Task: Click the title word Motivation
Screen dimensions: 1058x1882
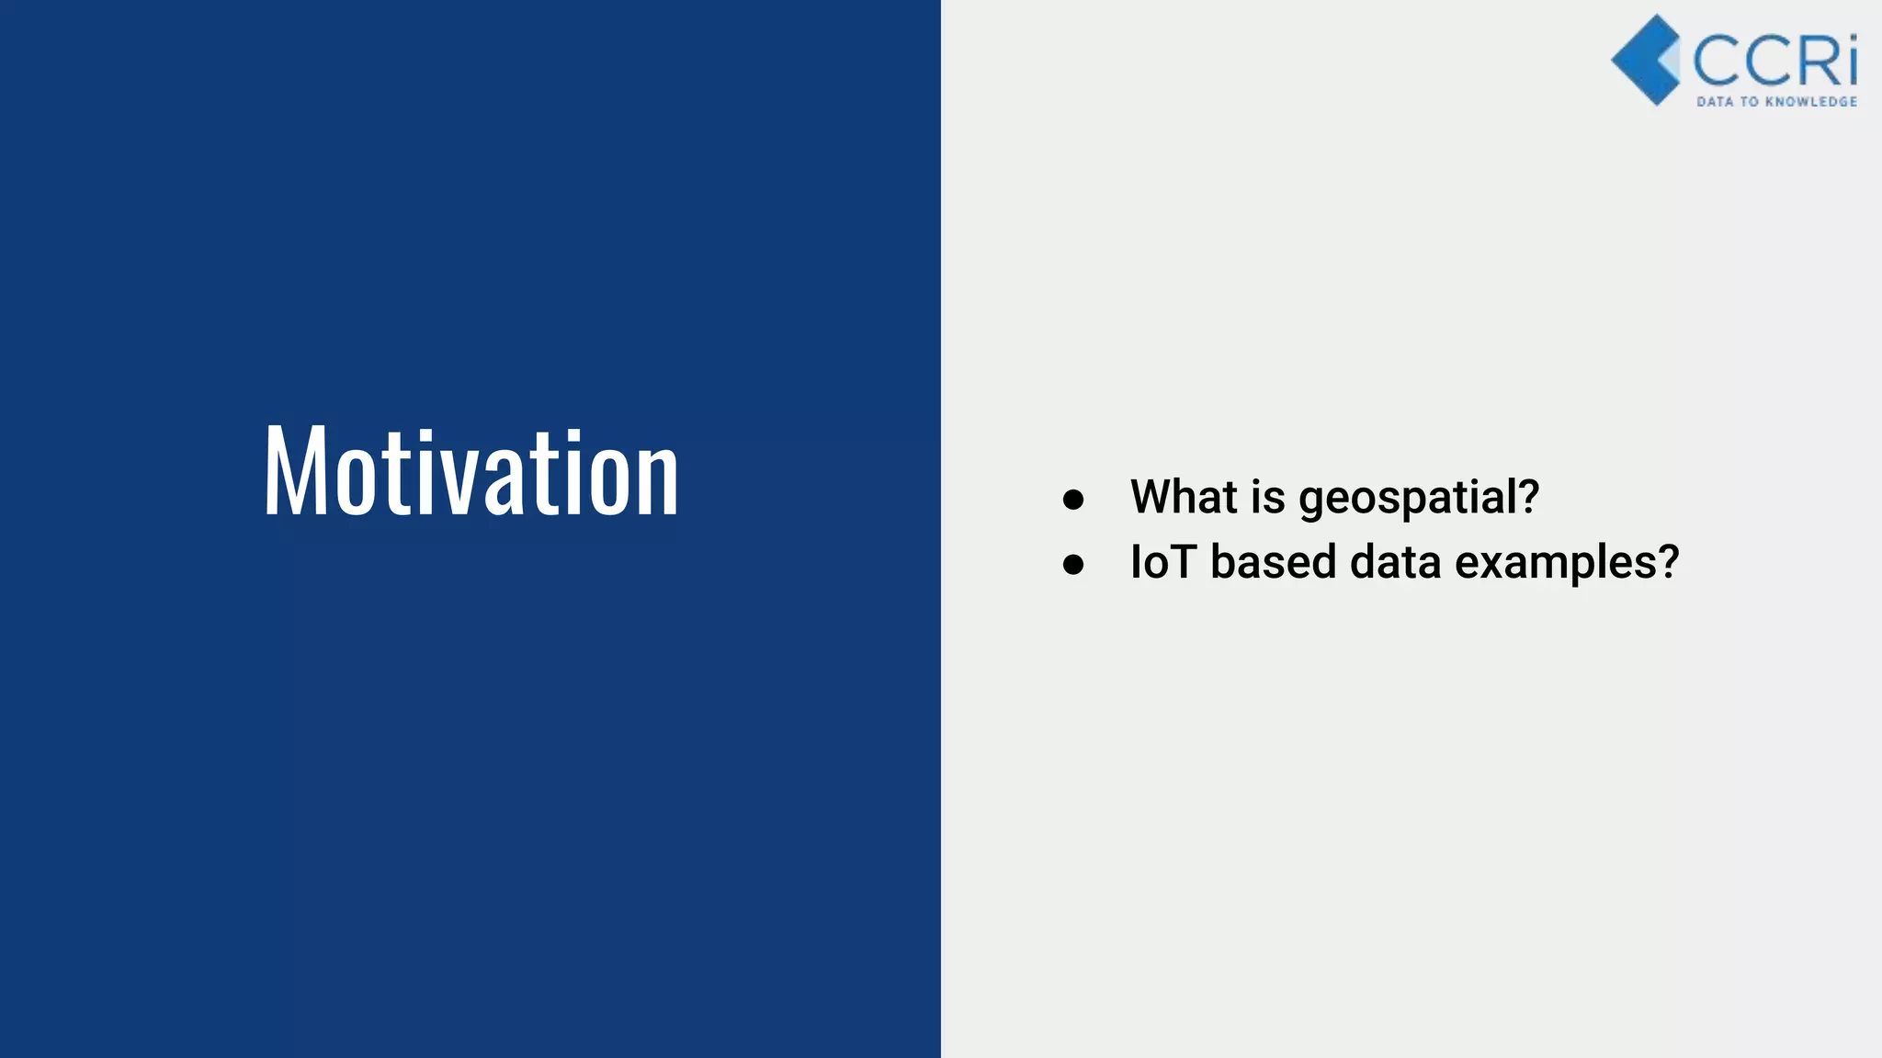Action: click(x=470, y=472)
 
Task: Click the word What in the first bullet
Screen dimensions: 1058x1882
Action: click(x=1184, y=497)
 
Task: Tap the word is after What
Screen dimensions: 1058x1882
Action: click(x=1268, y=497)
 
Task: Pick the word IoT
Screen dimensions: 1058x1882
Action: click(x=1162, y=561)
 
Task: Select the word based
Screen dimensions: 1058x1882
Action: click(x=1273, y=561)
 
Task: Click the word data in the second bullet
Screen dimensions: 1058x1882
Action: click(x=1395, y=561)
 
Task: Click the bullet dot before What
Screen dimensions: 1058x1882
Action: click(x=1072, y=500)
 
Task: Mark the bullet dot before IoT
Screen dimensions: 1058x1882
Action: click(x=1072, y=564)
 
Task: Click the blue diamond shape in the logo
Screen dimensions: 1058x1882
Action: click(x=1645, y=61)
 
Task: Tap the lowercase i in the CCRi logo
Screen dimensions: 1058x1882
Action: click(x=1850, y=61)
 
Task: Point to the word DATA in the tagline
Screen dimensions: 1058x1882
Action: click(x=1714, y=102)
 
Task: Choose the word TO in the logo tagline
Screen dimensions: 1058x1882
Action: click(x=1750, y=102)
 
